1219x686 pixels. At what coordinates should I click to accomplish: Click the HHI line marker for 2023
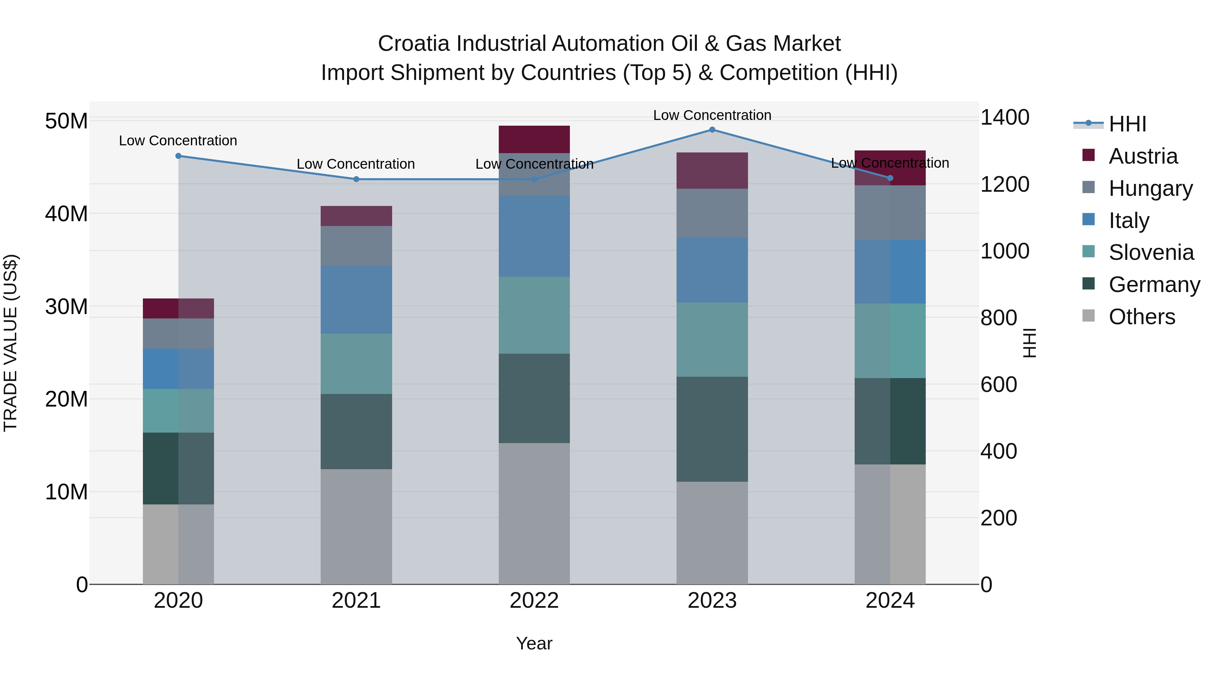[x=712, y=130]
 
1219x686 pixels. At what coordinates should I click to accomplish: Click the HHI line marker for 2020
[x=178, y=156]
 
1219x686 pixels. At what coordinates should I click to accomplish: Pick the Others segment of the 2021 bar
[x=356, y=526]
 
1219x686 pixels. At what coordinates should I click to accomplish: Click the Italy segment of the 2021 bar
[x=356, y=300]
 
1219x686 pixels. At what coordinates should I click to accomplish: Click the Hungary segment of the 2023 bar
[x=712, y=213]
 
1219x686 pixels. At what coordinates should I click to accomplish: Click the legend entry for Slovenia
[x=1151, y=252]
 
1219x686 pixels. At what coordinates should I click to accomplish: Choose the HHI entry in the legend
[x=1127, y=124]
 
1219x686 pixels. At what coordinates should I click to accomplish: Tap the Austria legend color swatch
[x=1088, y=155]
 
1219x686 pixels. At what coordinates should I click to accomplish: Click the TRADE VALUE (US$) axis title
[x=10, y=343]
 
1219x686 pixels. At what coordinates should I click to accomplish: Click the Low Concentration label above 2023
[x=712, y=115]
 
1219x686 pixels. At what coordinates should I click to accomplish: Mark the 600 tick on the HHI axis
[x=999, y=384]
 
